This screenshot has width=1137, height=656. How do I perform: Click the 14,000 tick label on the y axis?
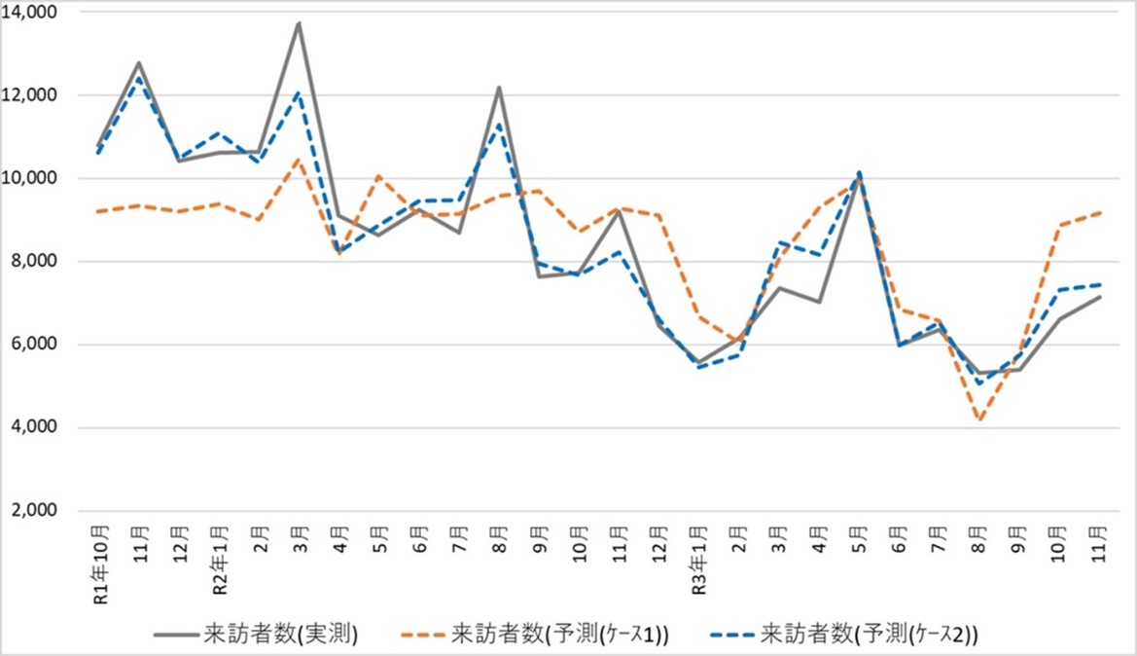31,13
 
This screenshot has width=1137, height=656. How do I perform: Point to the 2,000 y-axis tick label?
35,511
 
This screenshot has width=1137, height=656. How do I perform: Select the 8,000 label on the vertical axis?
35,262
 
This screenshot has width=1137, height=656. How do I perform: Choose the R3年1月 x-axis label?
698,556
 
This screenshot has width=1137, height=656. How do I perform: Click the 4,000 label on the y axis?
35,428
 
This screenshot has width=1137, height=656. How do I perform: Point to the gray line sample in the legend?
175,635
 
